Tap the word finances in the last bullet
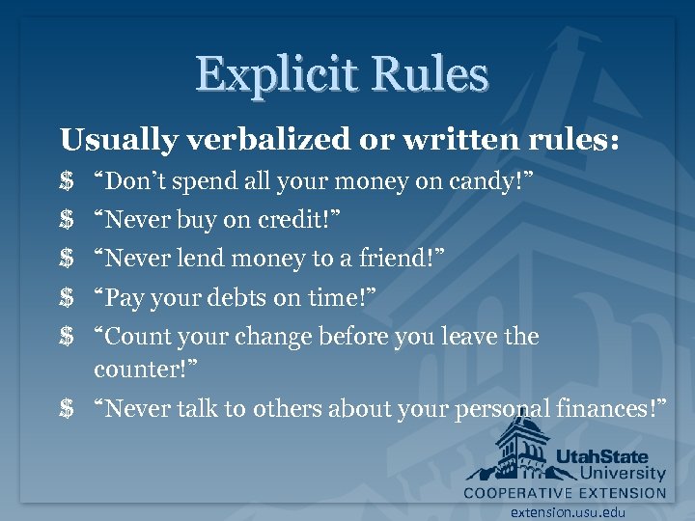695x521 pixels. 611,409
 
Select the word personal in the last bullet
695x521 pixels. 502,409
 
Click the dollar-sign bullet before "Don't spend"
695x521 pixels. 67,181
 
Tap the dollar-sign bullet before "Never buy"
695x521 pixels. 67,220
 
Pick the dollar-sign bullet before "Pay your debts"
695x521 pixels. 67,298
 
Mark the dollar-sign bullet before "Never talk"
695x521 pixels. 67,409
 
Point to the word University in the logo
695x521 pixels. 624,474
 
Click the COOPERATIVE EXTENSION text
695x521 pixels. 565,492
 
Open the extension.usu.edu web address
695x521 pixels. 568,512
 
